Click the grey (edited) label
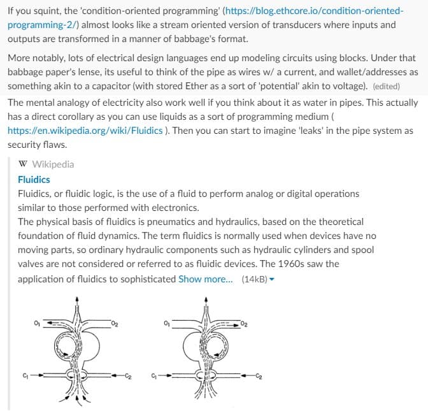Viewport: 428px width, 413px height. (x=386, y=86)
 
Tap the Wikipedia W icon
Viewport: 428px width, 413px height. (x=24, y=164)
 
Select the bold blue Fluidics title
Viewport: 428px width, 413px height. (x=34, y=180)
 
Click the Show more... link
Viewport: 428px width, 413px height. (x=205, y=279)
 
